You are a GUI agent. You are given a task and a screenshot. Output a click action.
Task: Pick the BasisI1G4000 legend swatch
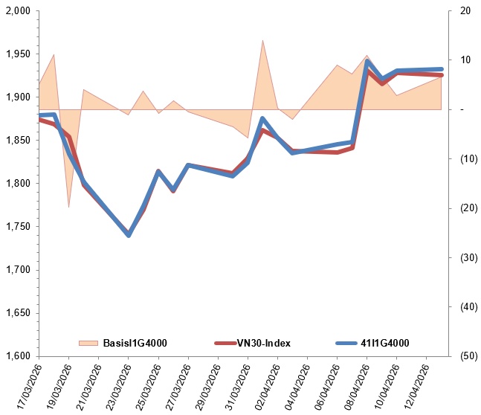[x=88, y=343]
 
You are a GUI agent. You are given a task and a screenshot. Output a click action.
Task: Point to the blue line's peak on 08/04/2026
[x=367, y=62]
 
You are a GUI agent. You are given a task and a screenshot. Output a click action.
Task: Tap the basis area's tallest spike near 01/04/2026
[x=262, y=41]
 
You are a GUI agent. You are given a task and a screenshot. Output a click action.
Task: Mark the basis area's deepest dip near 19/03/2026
[x=68, y=206]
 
